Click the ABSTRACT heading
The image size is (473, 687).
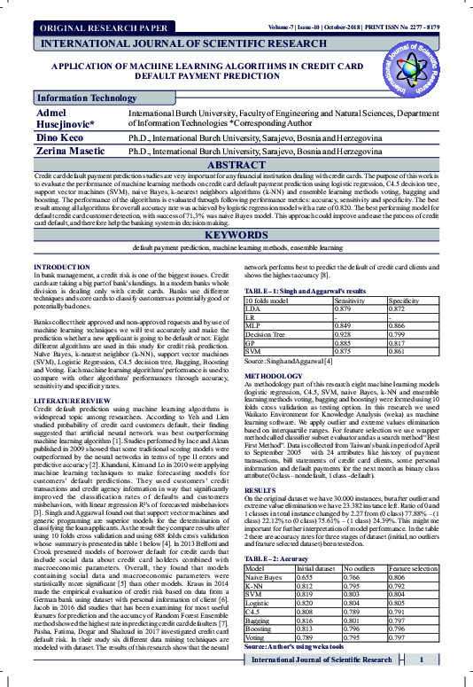tap(236, 165)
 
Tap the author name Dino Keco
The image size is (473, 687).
tap(59, 138)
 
